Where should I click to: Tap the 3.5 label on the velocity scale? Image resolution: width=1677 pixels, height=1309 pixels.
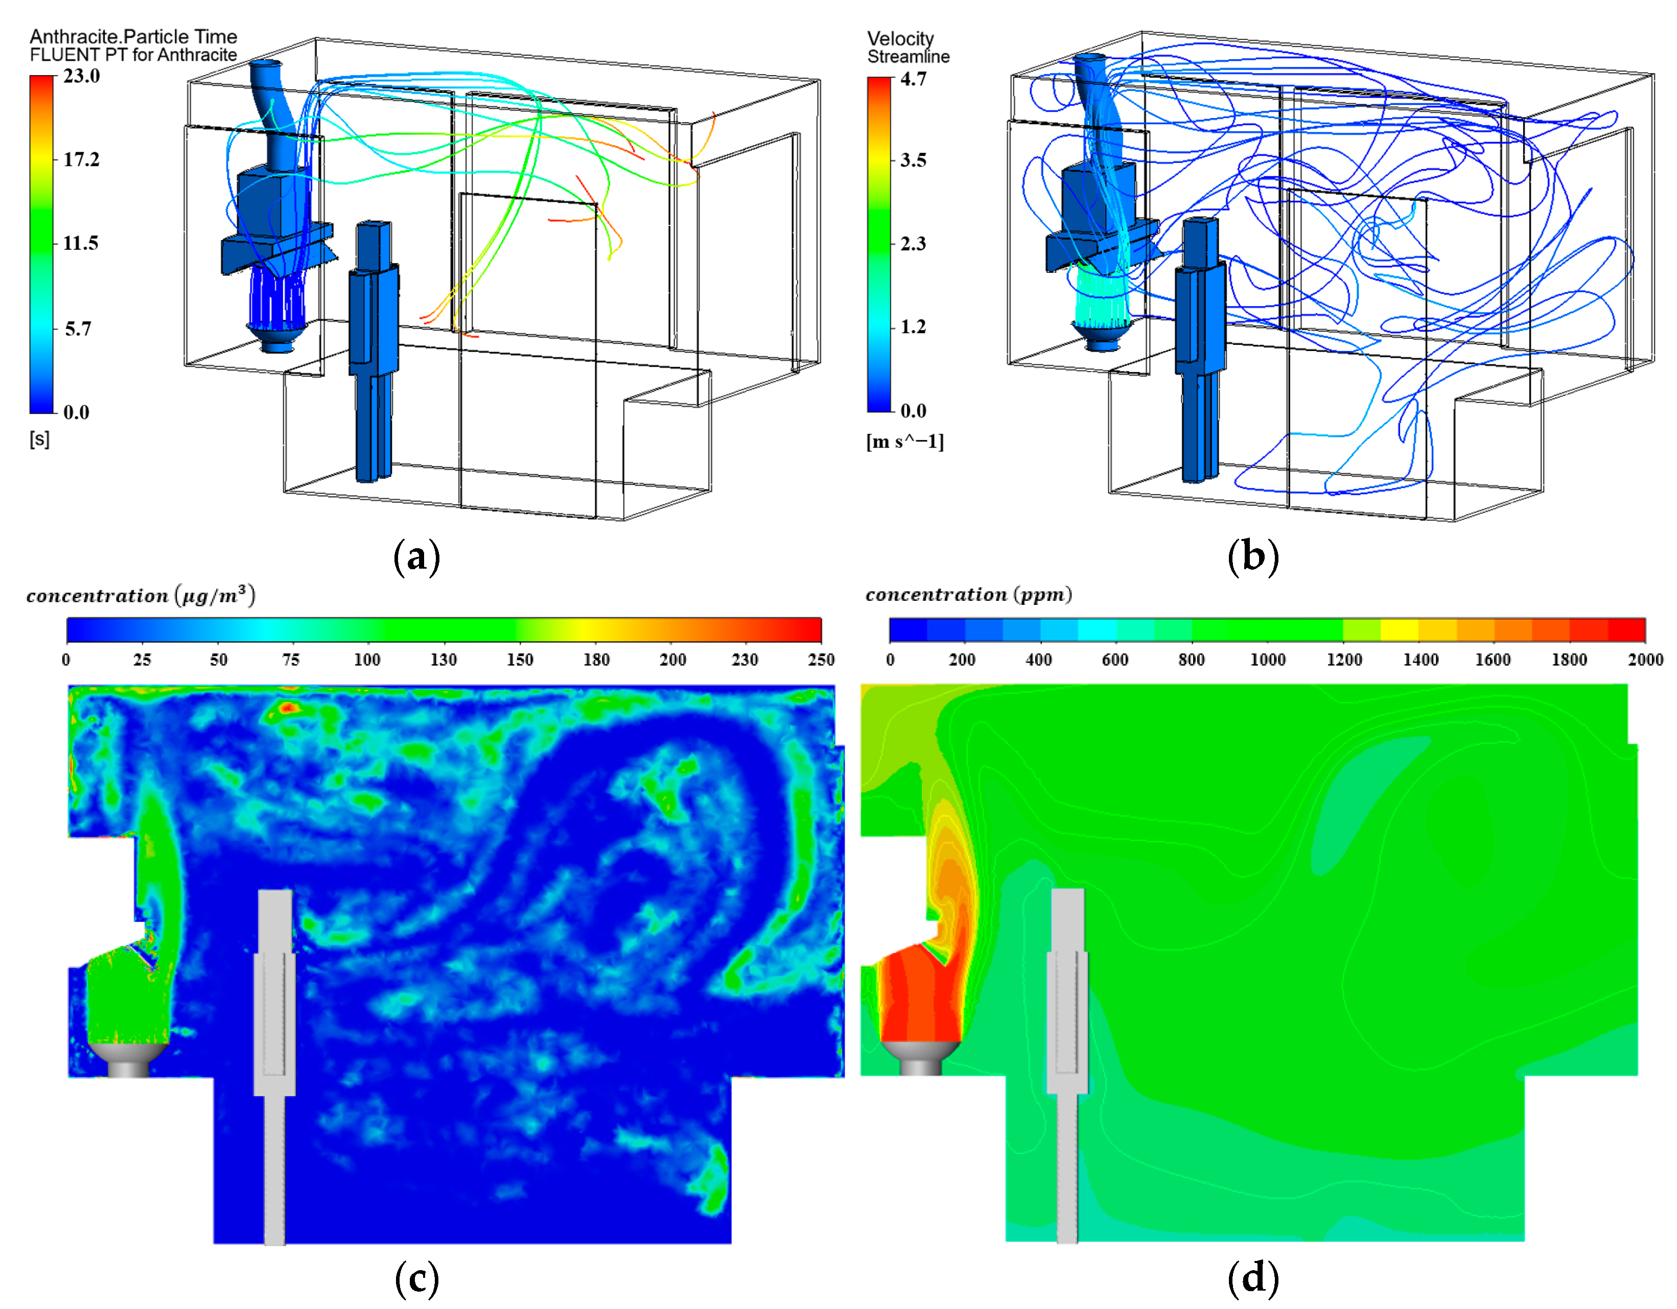pos(913,160)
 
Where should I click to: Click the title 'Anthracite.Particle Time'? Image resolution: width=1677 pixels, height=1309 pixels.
pos(133,36)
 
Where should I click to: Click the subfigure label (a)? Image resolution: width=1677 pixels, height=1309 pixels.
pos(417,556)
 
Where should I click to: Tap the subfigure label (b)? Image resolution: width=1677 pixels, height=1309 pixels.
pos(1253,556)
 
